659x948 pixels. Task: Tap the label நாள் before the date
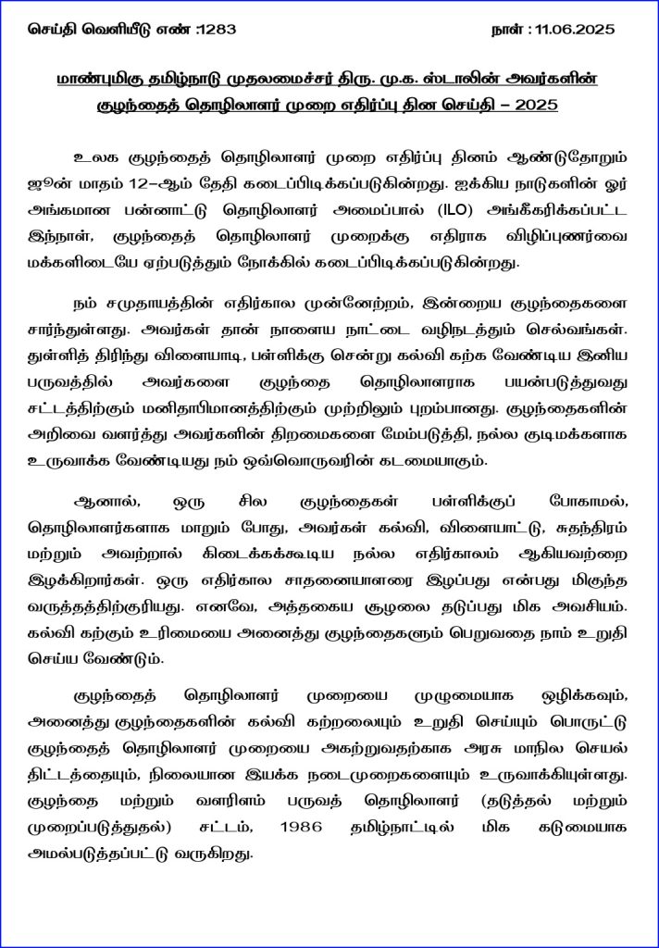tap(506, 31)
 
